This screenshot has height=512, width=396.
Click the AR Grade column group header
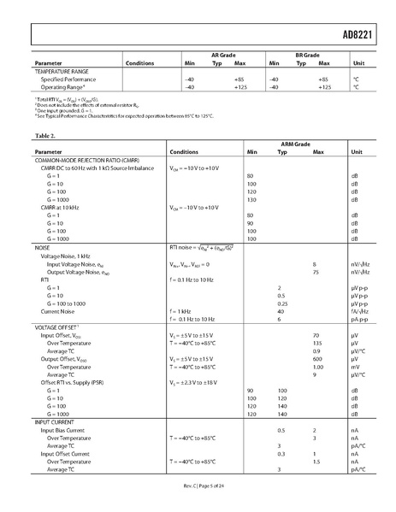(220, 55)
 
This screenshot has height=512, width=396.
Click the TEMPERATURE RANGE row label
(62, 71)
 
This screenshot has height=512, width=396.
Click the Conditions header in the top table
(140, 63)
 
